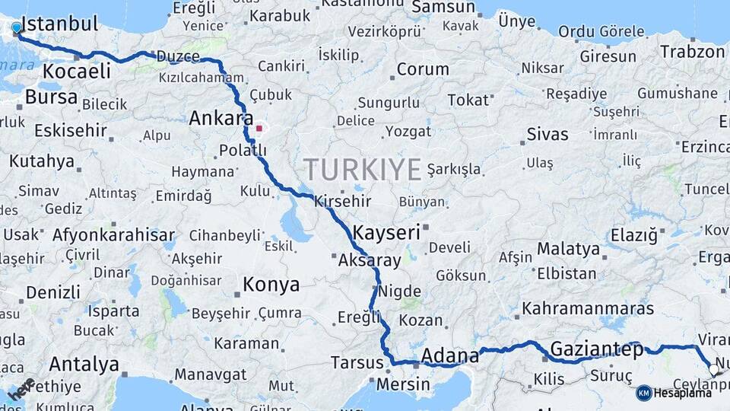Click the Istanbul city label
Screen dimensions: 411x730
(62, 24)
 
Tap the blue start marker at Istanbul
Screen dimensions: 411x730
(17, 28)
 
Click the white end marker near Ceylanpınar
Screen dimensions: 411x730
(713, 370)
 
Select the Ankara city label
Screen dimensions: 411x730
(221, 119)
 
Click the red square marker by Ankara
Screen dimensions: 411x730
(259, 128)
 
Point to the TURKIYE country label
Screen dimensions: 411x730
(362, 168)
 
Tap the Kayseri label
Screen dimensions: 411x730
(386, 232)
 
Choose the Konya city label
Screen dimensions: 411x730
(271, 285)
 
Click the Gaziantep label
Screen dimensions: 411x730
(595, 349)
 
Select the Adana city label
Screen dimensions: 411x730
(449, 355)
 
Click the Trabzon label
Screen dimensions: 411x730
(692, 52)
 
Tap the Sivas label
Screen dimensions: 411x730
(547, 135)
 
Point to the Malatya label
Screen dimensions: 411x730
(568, 249)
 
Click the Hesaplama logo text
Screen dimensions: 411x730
(684, 393)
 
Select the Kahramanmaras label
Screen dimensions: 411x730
(588, 309)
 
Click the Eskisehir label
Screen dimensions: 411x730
(70, 130)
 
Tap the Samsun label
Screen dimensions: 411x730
(443, 8)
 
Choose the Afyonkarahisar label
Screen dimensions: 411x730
(113, 234)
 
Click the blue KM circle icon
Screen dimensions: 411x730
(644, 393)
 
